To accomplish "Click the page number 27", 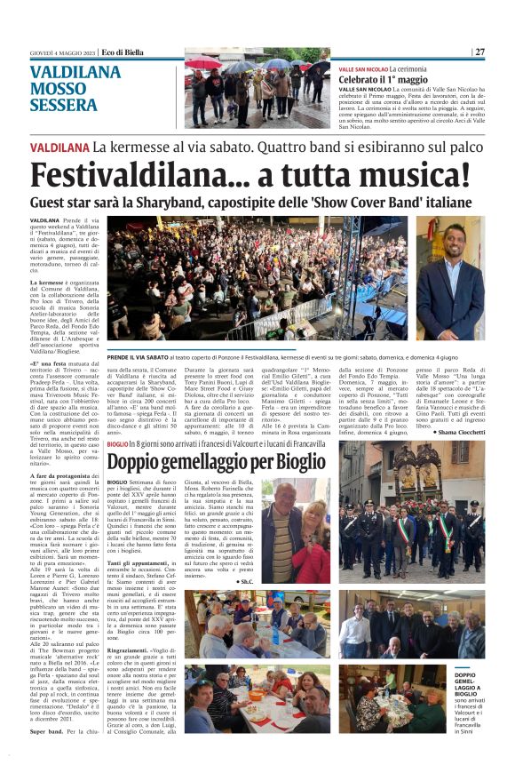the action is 479,52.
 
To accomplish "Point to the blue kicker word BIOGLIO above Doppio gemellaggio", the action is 117,443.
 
